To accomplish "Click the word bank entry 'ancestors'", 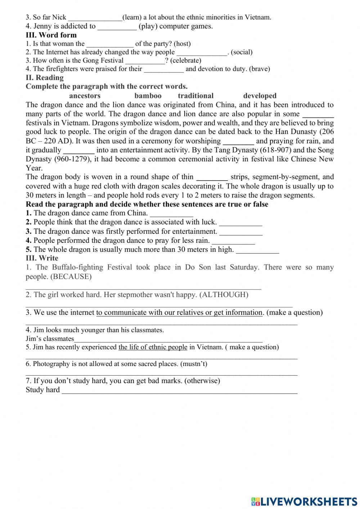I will point(85,96).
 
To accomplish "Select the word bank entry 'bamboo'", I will point(148,96).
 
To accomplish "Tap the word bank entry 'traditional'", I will point(195,96).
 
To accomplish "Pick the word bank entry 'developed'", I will point(260,96).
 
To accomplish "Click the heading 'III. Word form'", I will point(51,35).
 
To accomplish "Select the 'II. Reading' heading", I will point(45,77).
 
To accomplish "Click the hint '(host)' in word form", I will point(182,44).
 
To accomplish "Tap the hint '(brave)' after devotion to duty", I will point(259,69).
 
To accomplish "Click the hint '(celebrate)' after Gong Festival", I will point(186,61).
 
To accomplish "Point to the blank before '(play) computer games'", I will point(117,27).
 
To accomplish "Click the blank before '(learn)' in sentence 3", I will point(95,18).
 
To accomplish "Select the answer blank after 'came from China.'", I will point(171,214).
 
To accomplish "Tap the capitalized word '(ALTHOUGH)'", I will point(224,295).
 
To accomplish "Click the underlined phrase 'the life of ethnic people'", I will point(153,347).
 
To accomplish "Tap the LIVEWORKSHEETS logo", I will point(304,501).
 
